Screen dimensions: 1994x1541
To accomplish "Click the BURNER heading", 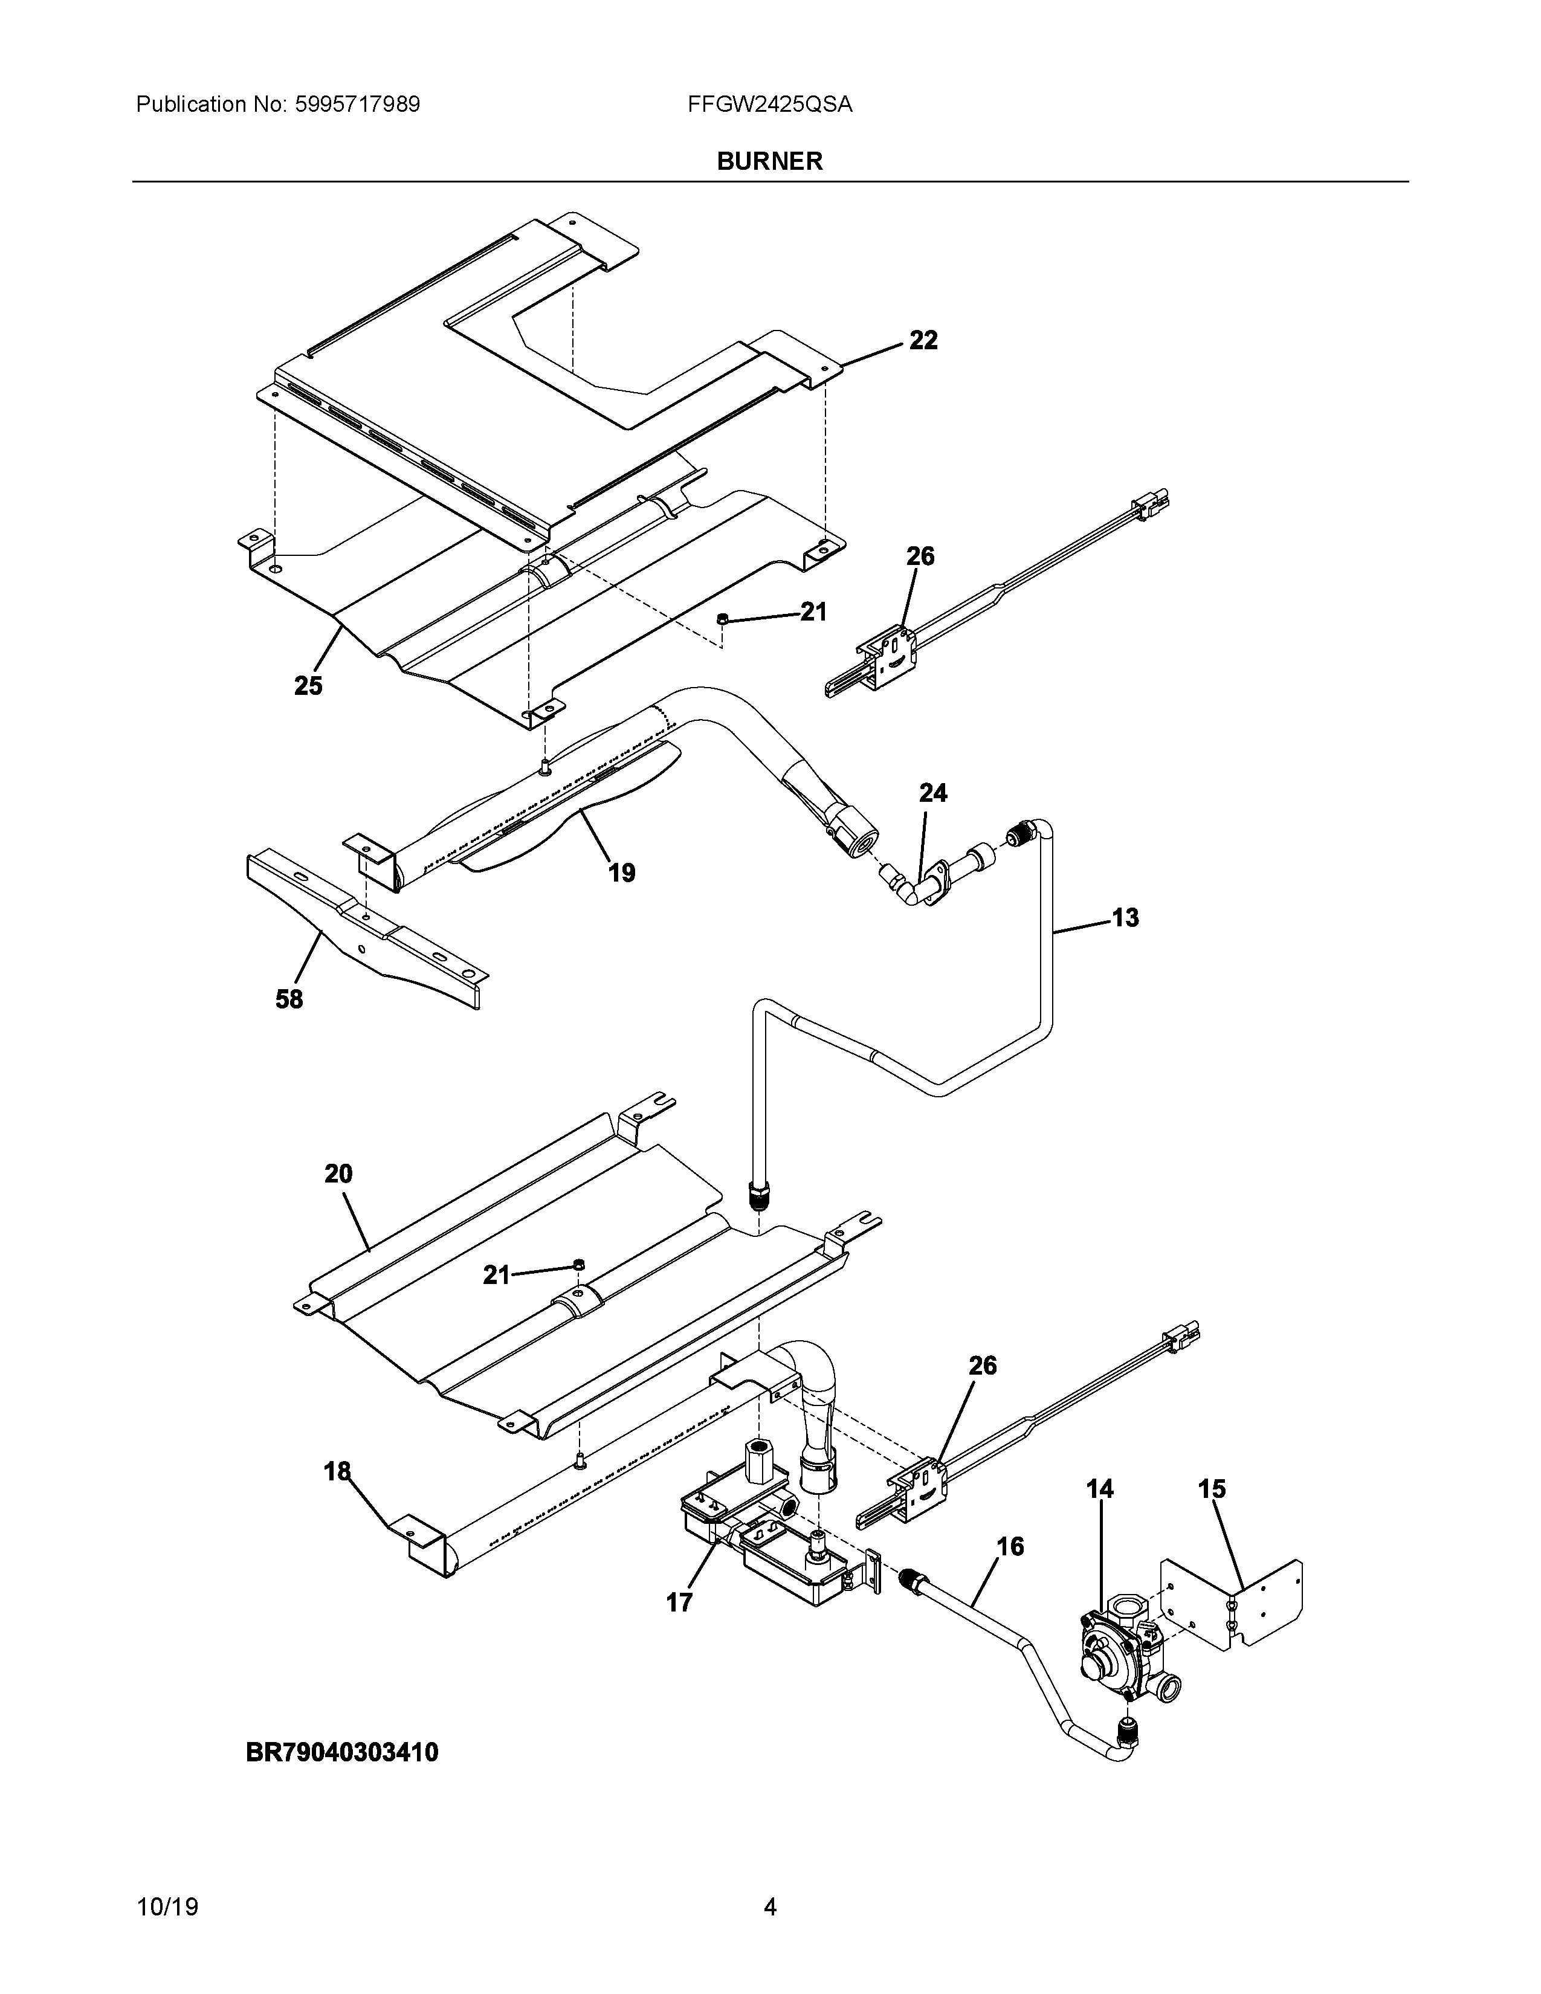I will [x=769, y=161].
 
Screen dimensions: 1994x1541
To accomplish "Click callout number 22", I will [x=923, y=341].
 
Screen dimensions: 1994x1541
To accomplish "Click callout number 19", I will [x=622, y=873].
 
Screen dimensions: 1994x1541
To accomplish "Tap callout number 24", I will [x=933, y=793].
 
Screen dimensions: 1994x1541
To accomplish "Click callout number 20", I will [x=338, y=1173].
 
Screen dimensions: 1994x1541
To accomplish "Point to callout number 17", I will [x=679, y=1602].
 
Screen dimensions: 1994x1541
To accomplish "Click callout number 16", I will [x=1010, y=1547].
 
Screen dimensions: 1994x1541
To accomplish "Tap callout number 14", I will [x=1100, y=1489].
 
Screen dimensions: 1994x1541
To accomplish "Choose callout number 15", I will [x=1212, y=1489].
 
